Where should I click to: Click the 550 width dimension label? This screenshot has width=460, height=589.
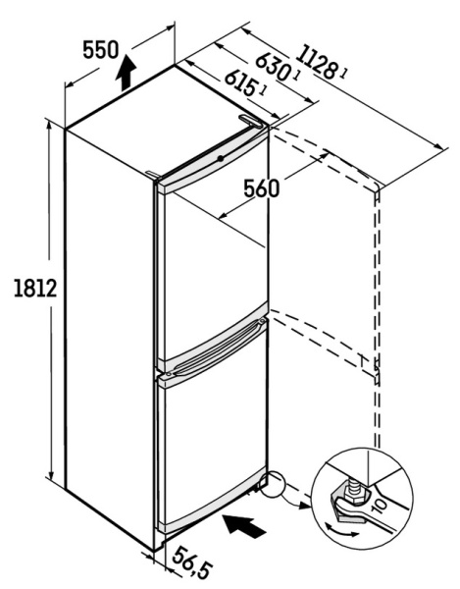point(101,50)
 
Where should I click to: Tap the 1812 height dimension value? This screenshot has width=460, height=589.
point(35,289)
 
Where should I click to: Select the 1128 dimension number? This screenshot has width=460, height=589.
point(315,63)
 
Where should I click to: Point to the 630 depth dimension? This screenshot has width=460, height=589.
point(273,67)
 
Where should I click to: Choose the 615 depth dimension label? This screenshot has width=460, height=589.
point(239,82)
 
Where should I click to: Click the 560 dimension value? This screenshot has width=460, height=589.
point(262,188)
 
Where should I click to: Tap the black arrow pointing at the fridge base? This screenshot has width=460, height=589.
point(244,526)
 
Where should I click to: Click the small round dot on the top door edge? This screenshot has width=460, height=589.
point(221,158)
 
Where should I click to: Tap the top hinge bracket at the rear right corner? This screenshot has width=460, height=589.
point(251,121)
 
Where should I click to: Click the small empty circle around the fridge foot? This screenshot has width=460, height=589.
point(273,484)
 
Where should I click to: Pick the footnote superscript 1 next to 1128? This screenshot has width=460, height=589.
point(343,73)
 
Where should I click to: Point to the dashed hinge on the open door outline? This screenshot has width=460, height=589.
point(376,370)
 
